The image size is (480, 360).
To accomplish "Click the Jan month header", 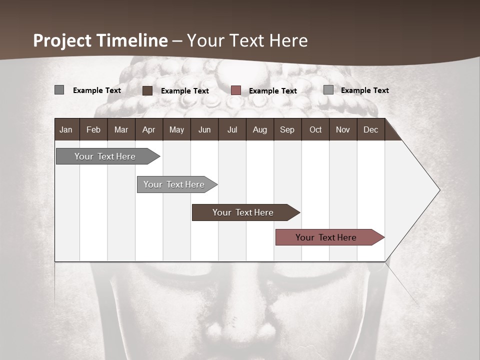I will click(x=66, y=130).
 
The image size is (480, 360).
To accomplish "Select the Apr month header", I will click(x=149, y=130).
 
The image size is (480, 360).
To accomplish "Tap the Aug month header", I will click(x=260, y=130).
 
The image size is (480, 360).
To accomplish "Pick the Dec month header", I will click(x=371, y=130).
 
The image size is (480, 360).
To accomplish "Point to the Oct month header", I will click(x=315, y=130).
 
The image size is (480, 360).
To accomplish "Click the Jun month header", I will click(x=204, y=130).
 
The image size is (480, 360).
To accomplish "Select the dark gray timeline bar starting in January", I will click(x=105, y=156).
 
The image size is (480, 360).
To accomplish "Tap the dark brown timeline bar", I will click(x=243, y=212).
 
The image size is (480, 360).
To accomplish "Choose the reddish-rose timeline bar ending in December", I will click(x=326, y=237).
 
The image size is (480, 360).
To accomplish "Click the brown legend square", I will click(x=147, y=90).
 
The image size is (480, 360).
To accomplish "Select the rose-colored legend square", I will click(x=236, y=90).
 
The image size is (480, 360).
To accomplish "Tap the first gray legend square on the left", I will click(x=59, y=90).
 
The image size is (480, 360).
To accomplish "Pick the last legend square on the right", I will click(x=328, y=90).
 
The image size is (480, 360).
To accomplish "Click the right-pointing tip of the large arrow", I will click(x=438, y=190).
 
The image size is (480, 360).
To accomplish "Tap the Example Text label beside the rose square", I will click(x=273, y=91).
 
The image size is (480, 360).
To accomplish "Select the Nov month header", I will click(x=343, y=130).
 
